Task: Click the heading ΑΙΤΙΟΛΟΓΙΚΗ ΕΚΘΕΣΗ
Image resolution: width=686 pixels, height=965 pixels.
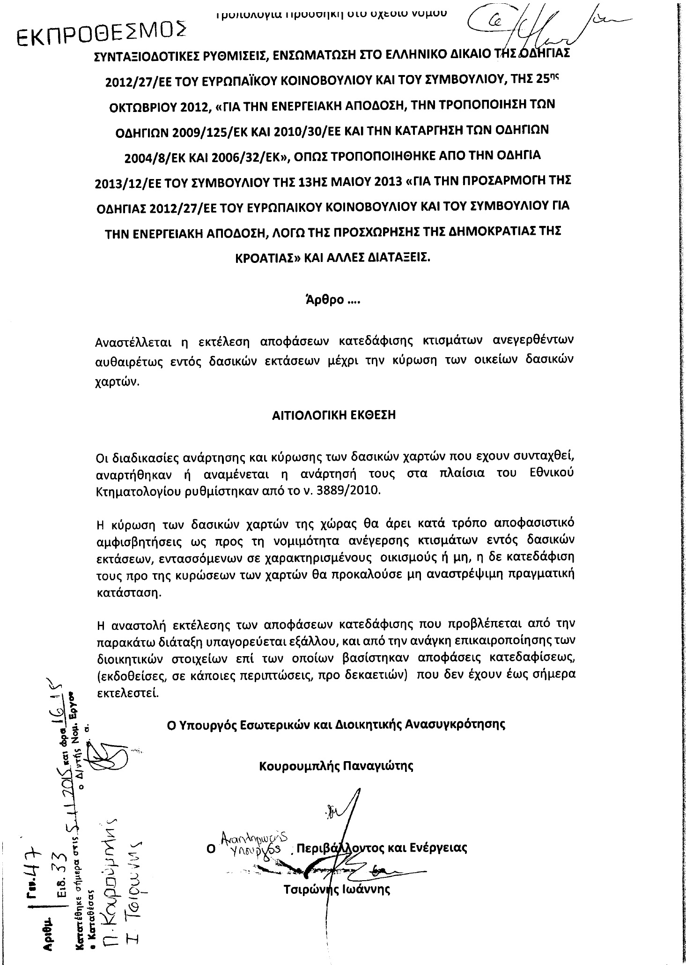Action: (334, 415)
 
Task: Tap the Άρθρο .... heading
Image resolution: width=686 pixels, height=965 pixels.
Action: (332, 300)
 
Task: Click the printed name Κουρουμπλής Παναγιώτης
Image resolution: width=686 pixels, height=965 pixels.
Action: (336, 766)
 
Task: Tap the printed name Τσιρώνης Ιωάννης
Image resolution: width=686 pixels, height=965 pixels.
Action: (337, 889)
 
